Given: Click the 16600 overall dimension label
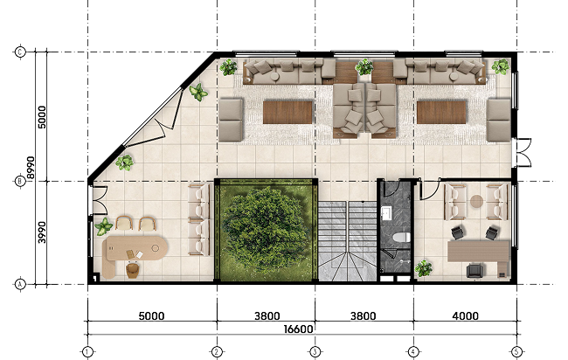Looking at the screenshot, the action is click(298, 329).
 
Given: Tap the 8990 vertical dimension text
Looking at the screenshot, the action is click(31, 168).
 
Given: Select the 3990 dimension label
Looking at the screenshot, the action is click(43, 232).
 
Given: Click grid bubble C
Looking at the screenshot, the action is click(20, 52).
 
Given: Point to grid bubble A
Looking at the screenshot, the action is click(20, 284).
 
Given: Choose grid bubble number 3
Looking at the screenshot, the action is click(315, 351).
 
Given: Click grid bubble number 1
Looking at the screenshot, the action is click(87, 351).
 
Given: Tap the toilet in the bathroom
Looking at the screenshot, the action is click(401, 238).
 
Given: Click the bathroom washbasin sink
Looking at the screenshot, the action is click(385, 213).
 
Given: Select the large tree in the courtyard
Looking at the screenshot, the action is click(265, 229).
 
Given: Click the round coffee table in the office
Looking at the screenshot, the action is click(476, 201).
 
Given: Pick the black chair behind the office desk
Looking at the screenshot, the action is click(475, 271).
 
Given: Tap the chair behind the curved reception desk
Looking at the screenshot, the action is click(133, 270).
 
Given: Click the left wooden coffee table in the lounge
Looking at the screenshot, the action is click(287, 112).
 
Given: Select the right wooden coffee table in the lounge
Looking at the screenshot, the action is click(441, 112).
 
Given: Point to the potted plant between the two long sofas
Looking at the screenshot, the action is click(364, 66).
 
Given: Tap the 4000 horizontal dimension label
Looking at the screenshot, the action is click(465, 315).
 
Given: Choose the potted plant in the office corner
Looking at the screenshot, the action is click(424, 268).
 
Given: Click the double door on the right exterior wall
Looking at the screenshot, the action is click(523, 152).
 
